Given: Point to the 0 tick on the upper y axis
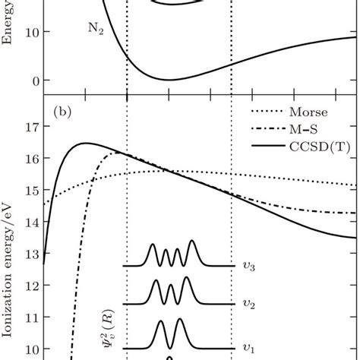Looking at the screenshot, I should [30, 81].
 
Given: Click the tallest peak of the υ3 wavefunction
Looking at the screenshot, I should [191, 242].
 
